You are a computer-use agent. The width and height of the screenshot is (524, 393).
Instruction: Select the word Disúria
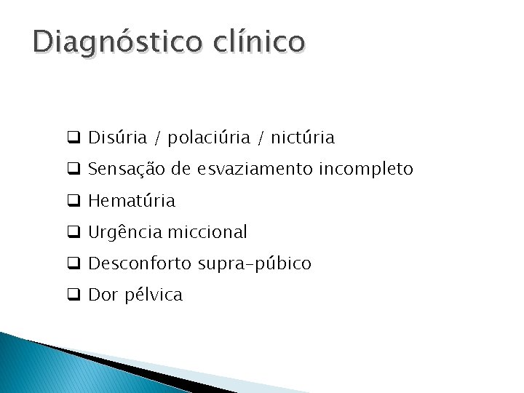[116, 137]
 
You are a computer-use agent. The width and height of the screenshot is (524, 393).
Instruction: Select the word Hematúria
[131, 200]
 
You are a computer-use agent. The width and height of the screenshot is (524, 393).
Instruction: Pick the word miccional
[208, 232]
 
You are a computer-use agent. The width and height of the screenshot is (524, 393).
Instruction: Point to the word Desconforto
[140, 263]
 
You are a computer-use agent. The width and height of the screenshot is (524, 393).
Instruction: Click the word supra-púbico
[255, 264]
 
